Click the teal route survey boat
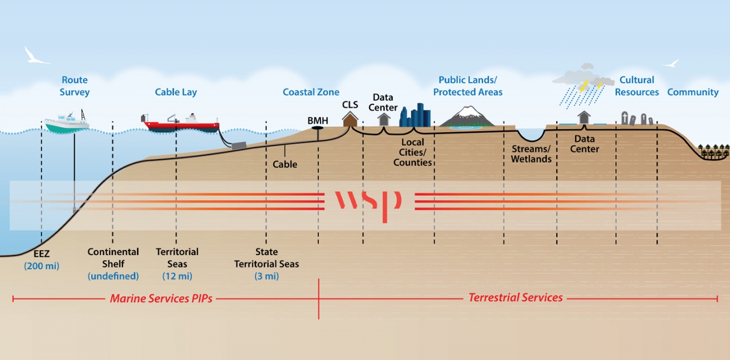(x=66, y=124)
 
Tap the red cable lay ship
(x=180, y=124)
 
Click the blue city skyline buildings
(x=415, y=116)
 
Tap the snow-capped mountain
(x=467, y=116)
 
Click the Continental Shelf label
(x=113, y=257)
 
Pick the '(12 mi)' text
(x=177, y=276)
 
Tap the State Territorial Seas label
(x=266, y=258)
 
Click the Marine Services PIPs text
(x=161, y=298)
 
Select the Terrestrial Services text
(x=515, y=297)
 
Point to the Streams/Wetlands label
(x=530, y=154)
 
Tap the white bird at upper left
(x=36, y=56)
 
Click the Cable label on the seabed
(x=285, y=164)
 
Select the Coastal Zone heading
(x=311, y=92)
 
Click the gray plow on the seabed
(x=238, y=145)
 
